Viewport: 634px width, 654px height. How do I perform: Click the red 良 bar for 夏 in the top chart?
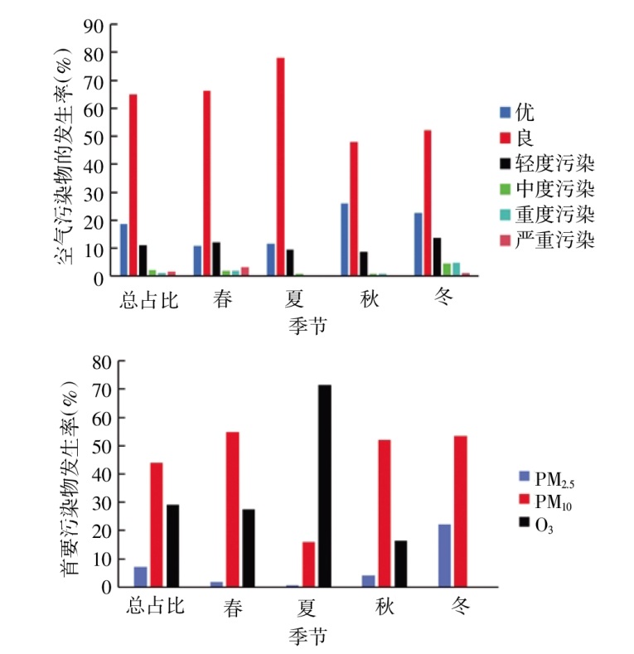280,166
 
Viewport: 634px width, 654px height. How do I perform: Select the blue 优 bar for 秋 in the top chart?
344,239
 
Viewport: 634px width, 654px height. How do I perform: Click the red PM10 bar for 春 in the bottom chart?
232,509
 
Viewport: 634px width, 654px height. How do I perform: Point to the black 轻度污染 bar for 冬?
437,256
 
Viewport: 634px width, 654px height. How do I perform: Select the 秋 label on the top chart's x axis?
369,299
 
